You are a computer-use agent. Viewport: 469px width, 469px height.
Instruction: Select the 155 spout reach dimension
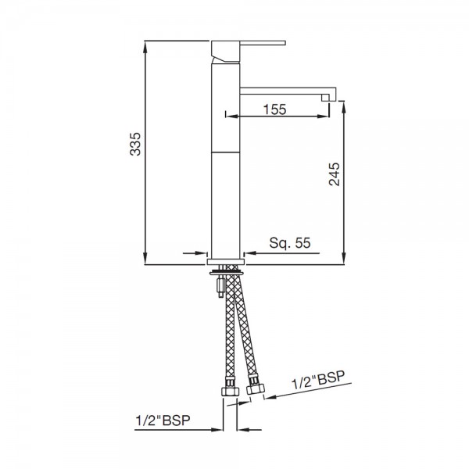point(273,110)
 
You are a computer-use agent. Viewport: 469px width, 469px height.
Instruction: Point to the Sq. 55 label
point(290,243)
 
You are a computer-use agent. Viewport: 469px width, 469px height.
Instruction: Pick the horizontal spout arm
point(285,90)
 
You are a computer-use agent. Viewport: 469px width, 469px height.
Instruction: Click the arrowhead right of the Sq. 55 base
point(249,253)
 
